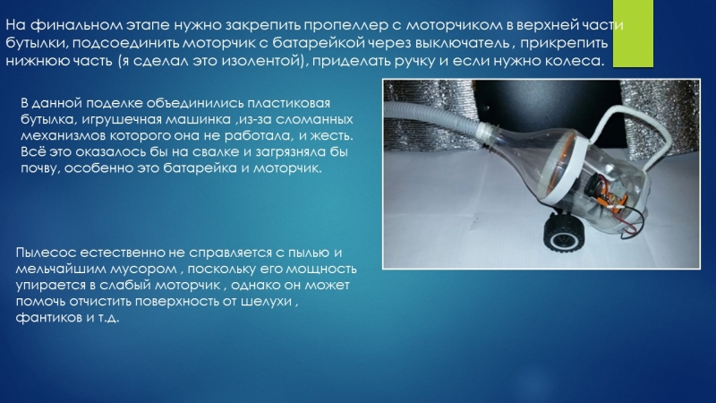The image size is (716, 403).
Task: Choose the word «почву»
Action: pyautogui.click(x=40, y=168)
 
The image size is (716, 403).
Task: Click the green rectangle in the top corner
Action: pyautogui.click(x=633, y=33)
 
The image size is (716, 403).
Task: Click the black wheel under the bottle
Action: pyautogui.click(x=561, y=233)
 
